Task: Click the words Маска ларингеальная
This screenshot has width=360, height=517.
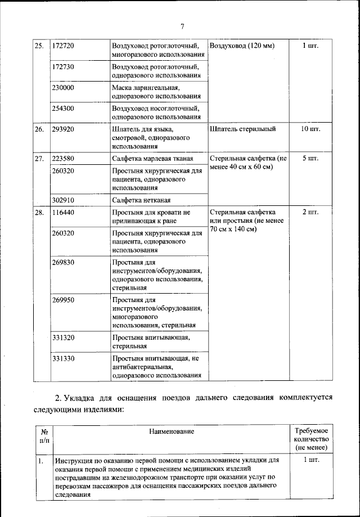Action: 146,88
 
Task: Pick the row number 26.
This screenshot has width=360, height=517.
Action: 39,129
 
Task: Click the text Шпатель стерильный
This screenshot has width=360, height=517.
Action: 242,129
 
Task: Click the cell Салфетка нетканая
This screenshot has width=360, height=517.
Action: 141,200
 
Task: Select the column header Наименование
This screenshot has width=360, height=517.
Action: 172,431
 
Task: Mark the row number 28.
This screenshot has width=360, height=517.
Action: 39,213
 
